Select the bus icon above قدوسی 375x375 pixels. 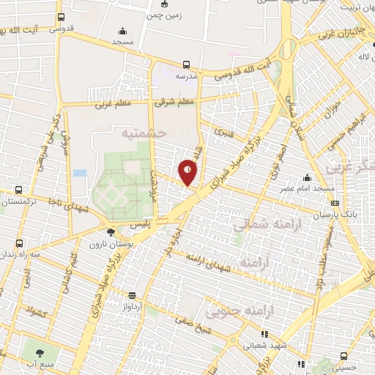click(61, 17)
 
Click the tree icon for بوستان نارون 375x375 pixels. click(111, 233)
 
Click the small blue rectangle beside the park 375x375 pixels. click(79, 173)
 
